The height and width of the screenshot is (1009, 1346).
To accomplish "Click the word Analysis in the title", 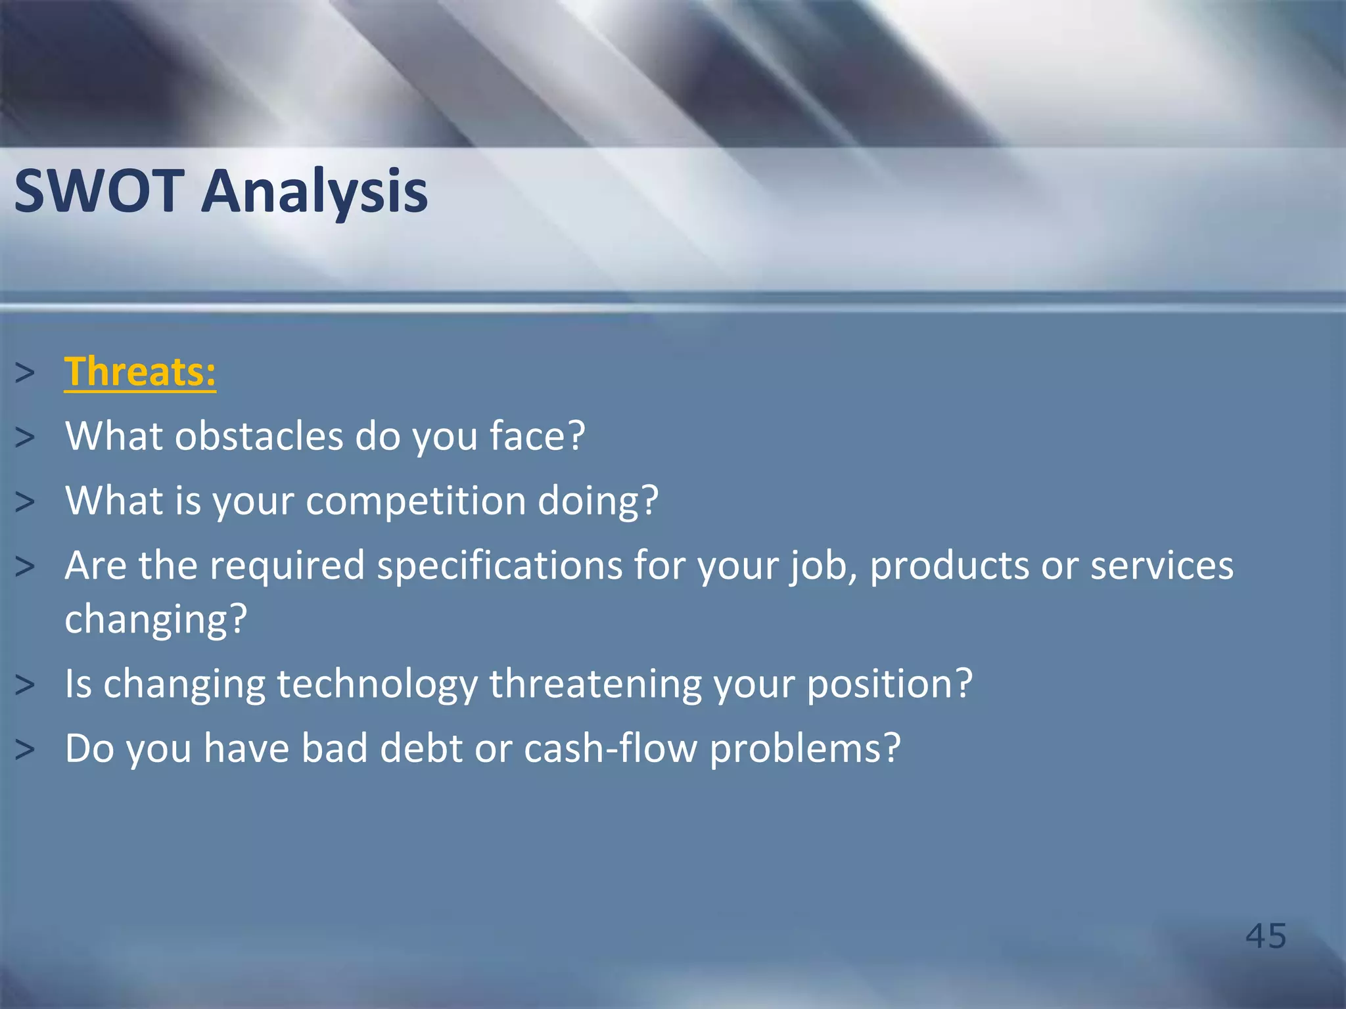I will pyautogui.click(x=314, y=192).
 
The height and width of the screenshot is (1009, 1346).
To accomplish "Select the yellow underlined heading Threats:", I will pyautogui.click(x=140, y=372).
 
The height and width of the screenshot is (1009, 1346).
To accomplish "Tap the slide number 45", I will pyautogui.click(x=1266, y=935).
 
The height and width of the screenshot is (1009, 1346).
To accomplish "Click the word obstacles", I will pyautogui.click(x=259, y=436).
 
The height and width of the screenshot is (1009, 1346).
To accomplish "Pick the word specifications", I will pyautogui.click(x=499, y=566).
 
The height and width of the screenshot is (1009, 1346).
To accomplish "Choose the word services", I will pyautogui.click(x=1162, y=566).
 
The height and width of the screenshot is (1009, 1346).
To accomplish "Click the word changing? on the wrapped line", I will pyautogui.click(x=156, y=619).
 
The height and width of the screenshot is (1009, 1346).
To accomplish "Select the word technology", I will pyautogui.click(x=377, y=684).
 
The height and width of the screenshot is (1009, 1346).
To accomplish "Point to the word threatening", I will pyautogui.click(x=595, y=684).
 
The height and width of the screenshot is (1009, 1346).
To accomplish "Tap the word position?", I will pyautogui.click(x=889, y=684).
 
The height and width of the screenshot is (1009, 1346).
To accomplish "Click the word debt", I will pyautogui.click(x=421, y=748).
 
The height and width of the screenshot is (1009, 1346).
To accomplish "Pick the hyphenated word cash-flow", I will pyautogui.click(x=611, y=748).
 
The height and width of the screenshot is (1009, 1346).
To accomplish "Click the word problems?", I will pyautogui.click(x=805, y=750).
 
